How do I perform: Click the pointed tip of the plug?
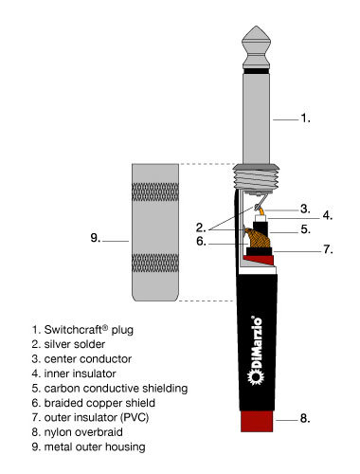[256, 27]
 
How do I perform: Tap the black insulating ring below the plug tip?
[256, 71]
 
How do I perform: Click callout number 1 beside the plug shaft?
[305, 118]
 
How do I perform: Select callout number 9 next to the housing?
[96, 238]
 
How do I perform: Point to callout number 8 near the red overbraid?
[305, 418]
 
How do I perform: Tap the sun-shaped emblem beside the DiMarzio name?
[256, 377]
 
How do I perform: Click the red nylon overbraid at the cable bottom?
[257, 421]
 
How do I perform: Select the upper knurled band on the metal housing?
[155, 192]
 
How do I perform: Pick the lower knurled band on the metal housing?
[155, 263]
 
